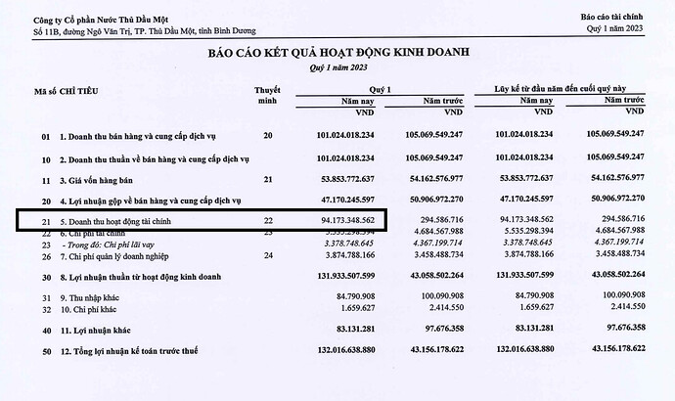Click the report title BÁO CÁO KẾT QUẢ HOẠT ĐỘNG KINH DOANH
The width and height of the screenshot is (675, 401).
[336, 54]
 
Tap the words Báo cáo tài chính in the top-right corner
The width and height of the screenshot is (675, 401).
[614, 18]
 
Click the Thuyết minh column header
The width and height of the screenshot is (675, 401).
[268, 95]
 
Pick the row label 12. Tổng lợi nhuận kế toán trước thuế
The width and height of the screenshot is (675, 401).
[151, 378]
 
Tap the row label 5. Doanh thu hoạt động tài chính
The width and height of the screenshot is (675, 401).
[133, 223]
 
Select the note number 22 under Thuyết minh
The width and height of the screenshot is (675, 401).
[268, 223]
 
